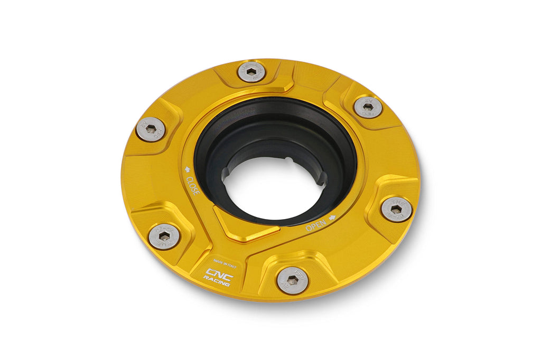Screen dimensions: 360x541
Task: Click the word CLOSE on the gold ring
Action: click(x=193, y=186)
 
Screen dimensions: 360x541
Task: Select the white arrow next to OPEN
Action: click(x=332, y=217)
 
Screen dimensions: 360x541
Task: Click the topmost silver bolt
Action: click(x=251, y=71)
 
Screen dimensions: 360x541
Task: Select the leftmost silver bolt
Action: click(x=151, y=129)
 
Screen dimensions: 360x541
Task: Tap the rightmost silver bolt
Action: click(x=396, y=210)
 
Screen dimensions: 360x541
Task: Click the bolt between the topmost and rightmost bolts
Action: click(x=368, y=107)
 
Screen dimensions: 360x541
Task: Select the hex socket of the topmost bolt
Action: click(x=251, y=71)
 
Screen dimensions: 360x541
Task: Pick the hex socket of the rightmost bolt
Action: click(x=396, y=210)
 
